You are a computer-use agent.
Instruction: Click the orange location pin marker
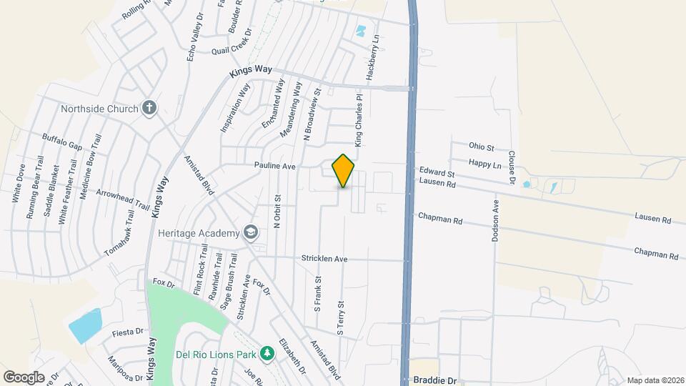tap(344, 171)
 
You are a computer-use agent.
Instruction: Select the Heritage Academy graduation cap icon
tap(251, 233)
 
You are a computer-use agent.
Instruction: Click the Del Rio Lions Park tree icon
tap(267, 354)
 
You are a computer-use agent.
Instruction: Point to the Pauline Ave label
tap(275, 166)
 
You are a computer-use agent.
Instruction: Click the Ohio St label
tap(482, 147)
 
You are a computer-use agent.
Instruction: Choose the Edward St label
tap(437, 174)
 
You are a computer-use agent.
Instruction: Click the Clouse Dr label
tap(512, 167)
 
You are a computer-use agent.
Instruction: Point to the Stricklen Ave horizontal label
tap(324, 258)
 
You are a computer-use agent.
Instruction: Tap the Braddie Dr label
tap(434, 381)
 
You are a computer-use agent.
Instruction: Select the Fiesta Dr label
tap(128, 332)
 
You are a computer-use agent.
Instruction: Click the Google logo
tap(24, 377)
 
